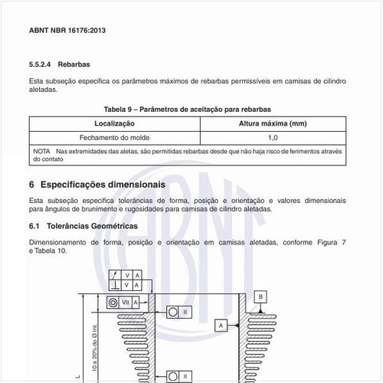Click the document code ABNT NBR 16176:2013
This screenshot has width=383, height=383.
(68, 30)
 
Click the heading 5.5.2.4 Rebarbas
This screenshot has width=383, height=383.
(61, 64)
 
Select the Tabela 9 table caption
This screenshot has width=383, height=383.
(188, 110)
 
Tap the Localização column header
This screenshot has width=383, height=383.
(115, 123)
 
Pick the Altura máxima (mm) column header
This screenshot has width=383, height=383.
(273, 123)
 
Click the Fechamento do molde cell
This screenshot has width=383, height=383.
(115, 138)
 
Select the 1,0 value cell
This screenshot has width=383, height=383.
(273, 138)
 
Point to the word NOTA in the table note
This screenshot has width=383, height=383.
(41, 151)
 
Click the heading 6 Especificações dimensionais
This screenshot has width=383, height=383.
(97, 185)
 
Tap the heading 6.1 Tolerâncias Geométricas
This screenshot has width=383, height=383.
(83, 227)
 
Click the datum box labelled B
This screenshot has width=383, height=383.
(261, 296)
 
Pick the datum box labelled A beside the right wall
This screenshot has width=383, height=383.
(221, 325)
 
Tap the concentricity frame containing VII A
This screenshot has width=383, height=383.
(123, 303)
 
